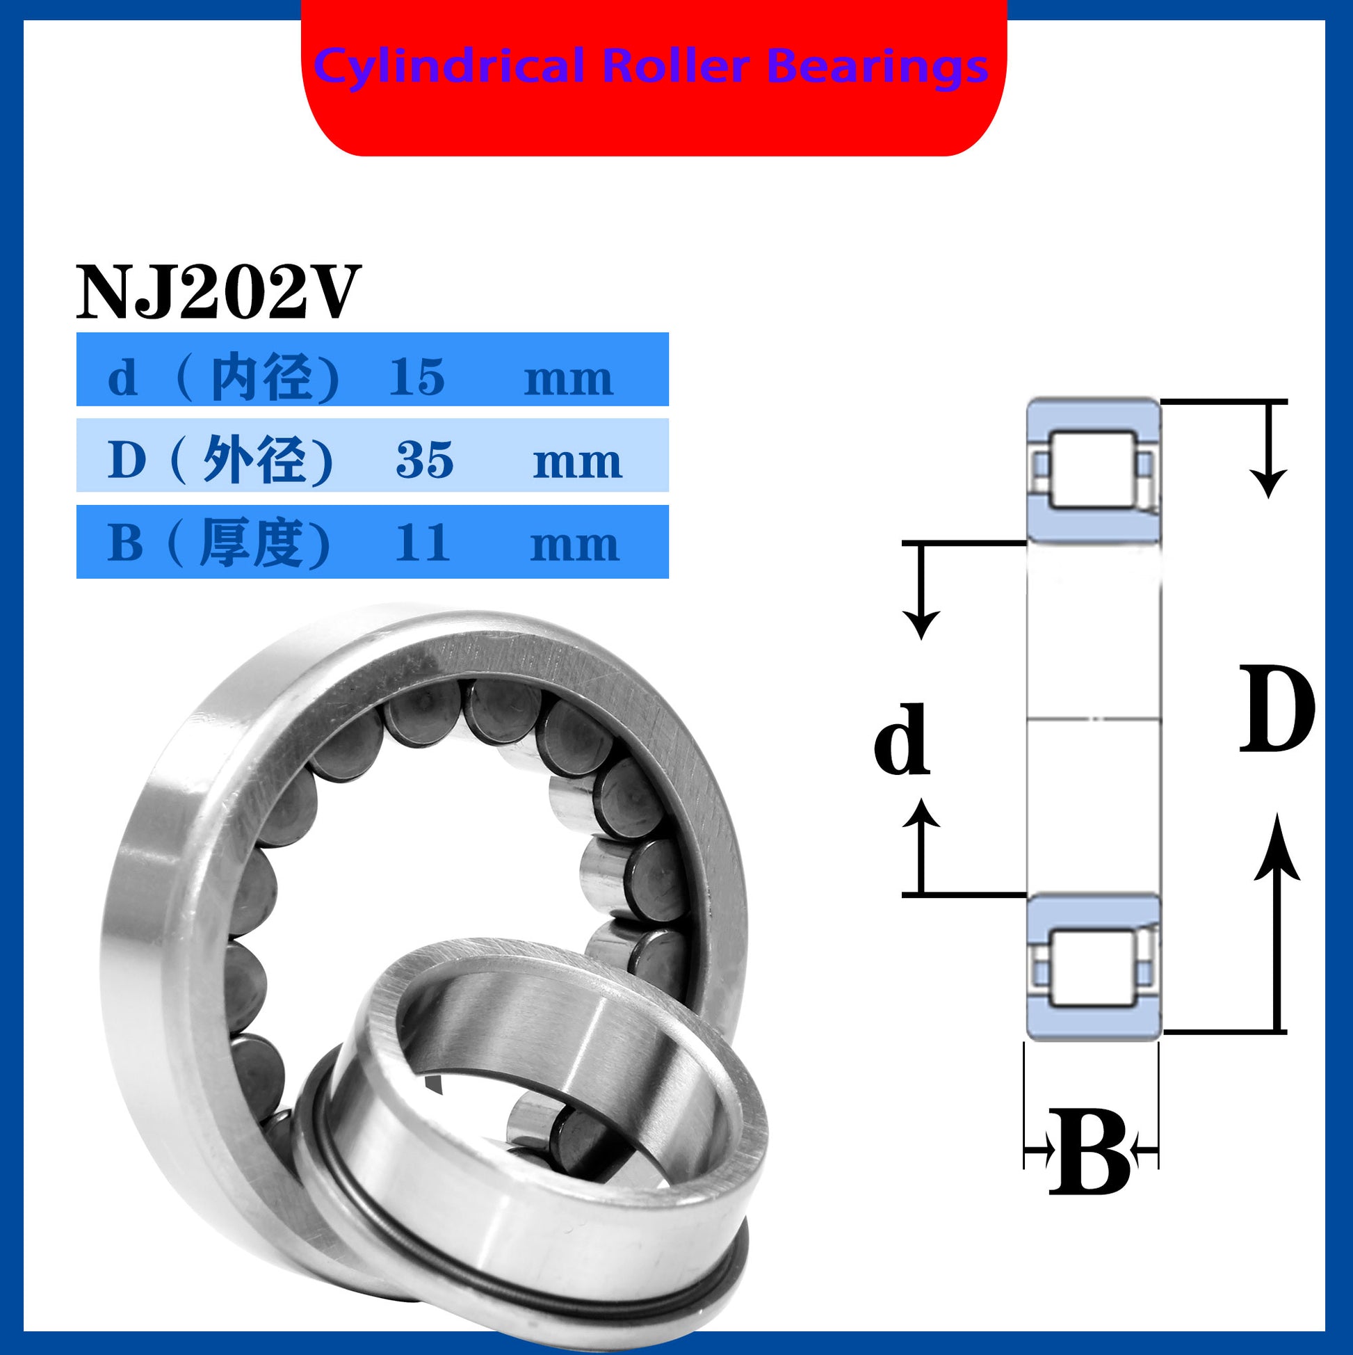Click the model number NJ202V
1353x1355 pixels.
(218, 291)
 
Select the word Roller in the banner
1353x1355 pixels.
(676, 66)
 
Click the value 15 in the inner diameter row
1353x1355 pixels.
(417, 377)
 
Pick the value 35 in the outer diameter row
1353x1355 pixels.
(425, 460)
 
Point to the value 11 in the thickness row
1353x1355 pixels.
(421, 543)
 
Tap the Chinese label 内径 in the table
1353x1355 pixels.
(261, 377)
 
